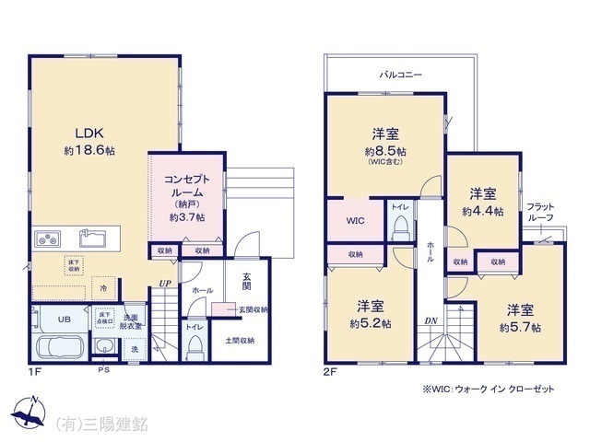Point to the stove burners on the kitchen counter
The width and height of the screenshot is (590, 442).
click(46, 239)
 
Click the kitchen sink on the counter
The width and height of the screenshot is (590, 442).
click(94, 239)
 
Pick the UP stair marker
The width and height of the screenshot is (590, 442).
click(164, 284)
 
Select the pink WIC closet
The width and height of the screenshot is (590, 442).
click(356, 221)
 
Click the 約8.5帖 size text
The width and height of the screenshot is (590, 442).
click(385, 151)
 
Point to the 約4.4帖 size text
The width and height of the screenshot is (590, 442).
click(482, 211)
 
